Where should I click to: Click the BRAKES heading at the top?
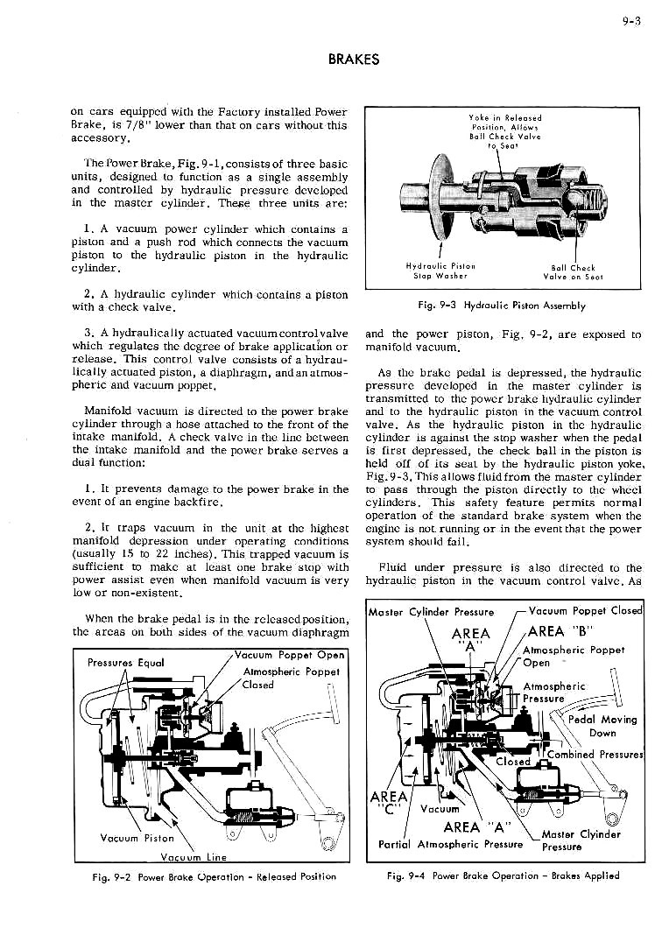[x=354, y=60]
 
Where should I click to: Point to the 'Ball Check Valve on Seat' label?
[x=573, y=272]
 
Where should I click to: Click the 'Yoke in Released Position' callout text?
[x=504, y=131]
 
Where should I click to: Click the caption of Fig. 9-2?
[x=212, y=875]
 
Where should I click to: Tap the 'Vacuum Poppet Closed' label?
[x=586, y=611]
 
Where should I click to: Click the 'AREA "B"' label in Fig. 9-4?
[x=561, y=632]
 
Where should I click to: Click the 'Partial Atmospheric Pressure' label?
[x=450, y=845]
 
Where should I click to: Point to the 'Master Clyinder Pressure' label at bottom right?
[x=581, y=840]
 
